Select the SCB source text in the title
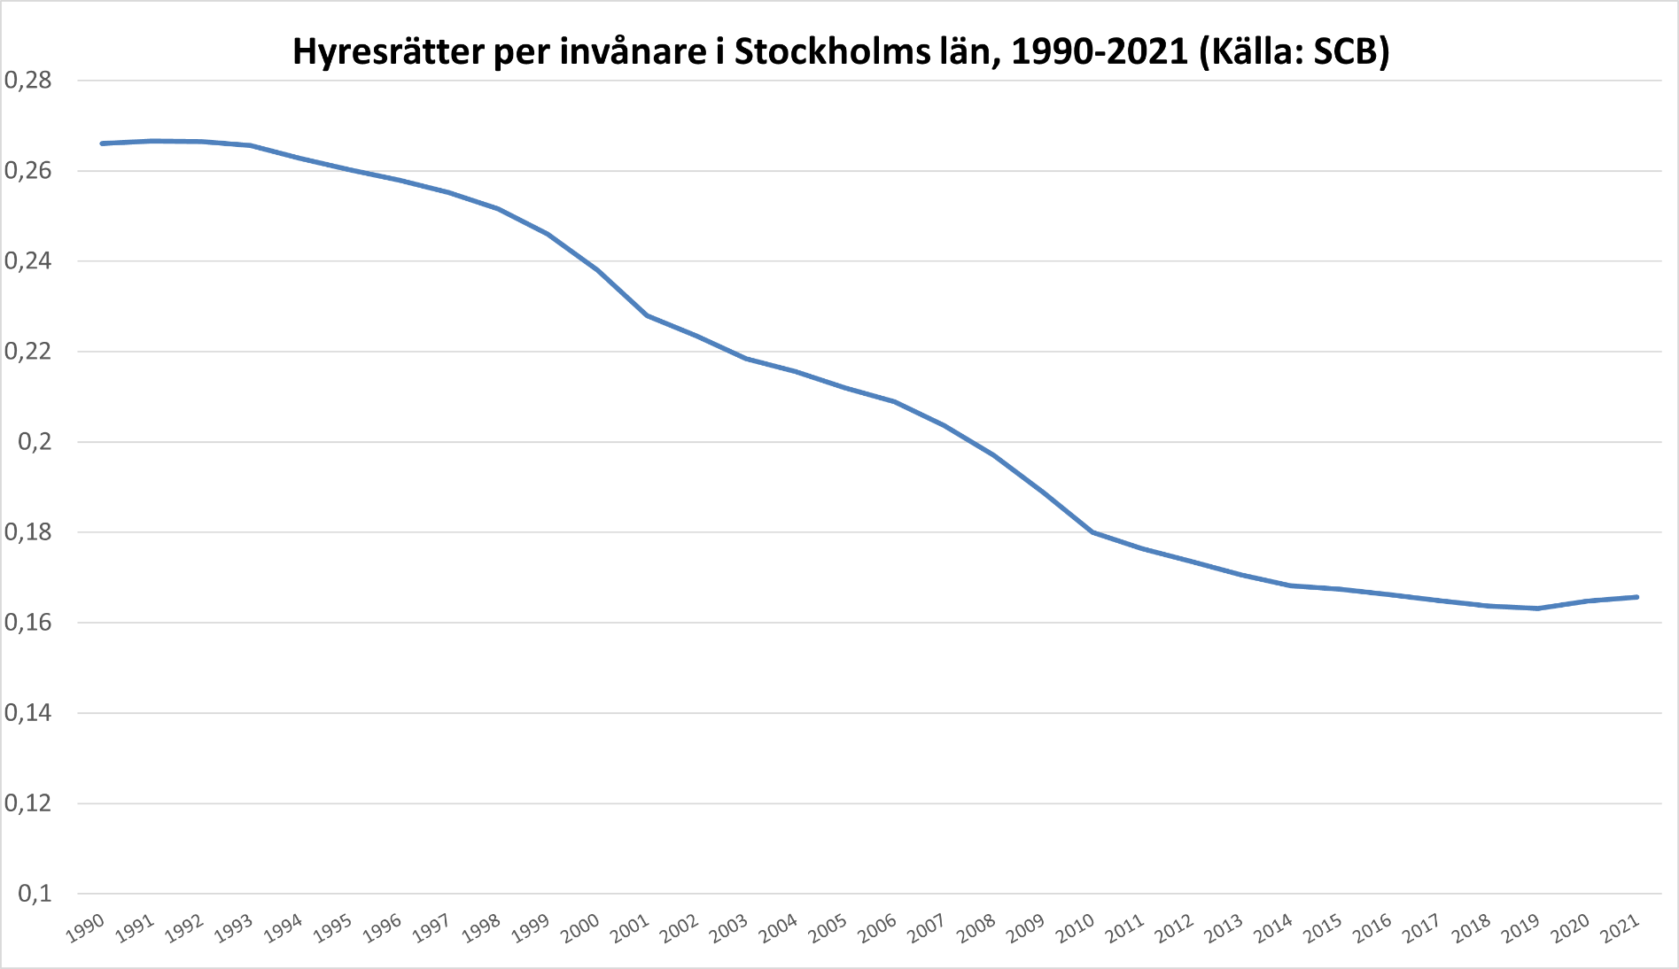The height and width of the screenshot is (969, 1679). tap(1345, 52)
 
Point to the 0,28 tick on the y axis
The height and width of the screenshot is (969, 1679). tap(28, 81)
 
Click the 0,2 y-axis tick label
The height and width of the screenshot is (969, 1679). tap(35, 442)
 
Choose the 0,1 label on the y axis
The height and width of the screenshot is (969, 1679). tap(35, 894)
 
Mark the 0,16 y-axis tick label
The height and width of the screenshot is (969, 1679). tap(28, 623)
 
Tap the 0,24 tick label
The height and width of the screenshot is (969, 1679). tap(28, 261)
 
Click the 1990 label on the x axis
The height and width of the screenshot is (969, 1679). tap(86, 927)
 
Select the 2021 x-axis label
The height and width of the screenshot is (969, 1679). tap(1621, 927)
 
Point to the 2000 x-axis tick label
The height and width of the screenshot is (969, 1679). tap(581, 927)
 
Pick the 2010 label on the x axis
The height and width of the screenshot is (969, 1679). tap(1077, 927)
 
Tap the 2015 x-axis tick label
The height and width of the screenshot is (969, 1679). tap(1325, 927)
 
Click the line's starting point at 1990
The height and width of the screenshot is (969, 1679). tap(103, 143)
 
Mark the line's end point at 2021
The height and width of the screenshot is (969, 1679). tap(1636, 597)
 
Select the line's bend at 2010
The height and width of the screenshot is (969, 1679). tap(1092, 532)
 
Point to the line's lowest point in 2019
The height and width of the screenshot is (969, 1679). tap(1538, 609)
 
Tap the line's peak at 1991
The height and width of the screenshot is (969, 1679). tap(152, 141)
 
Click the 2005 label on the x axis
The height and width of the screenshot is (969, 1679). tap(829, 927)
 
